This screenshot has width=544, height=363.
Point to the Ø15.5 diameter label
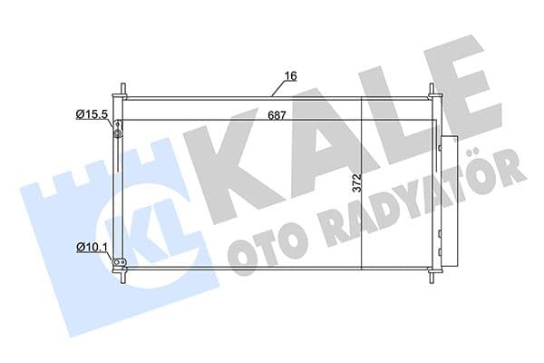92,114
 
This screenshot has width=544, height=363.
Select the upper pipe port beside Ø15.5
117,134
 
